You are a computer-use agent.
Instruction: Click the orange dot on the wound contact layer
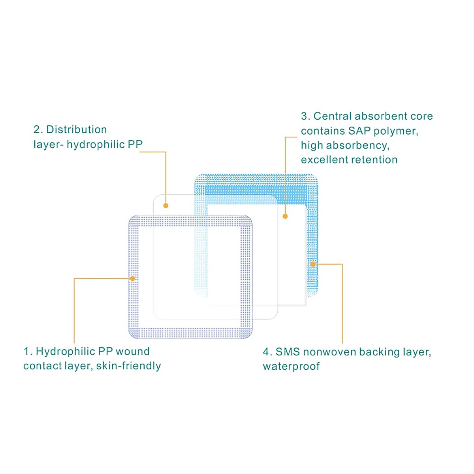[x=133, y=278]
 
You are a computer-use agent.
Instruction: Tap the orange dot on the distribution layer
[x=166, y=205]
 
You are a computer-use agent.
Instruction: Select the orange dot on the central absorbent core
[x=285, y=216]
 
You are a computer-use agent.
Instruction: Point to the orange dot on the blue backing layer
[x=312, y=264]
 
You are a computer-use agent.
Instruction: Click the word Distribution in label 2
[x=77, y=130]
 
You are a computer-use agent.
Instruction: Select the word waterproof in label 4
[x=291, y=366]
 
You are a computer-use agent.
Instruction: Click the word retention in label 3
[x=378, y=160]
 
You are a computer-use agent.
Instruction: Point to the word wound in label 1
[x=133, y=351]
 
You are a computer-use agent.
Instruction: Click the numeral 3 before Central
[x=304, y=116]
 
